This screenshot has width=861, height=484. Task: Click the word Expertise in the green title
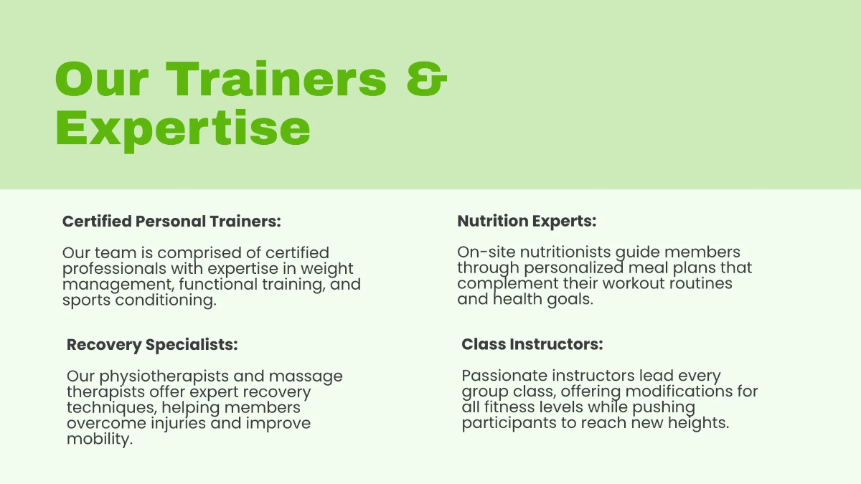[x=183, y=129]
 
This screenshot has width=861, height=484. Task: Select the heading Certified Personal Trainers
[x=171, y=222]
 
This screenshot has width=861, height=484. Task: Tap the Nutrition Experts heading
[x=527, y=222]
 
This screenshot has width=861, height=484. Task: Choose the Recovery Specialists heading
[x=152, y=345]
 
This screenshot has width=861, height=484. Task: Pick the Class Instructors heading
[x=532, y=345]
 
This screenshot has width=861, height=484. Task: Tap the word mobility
[x=100, y=439]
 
